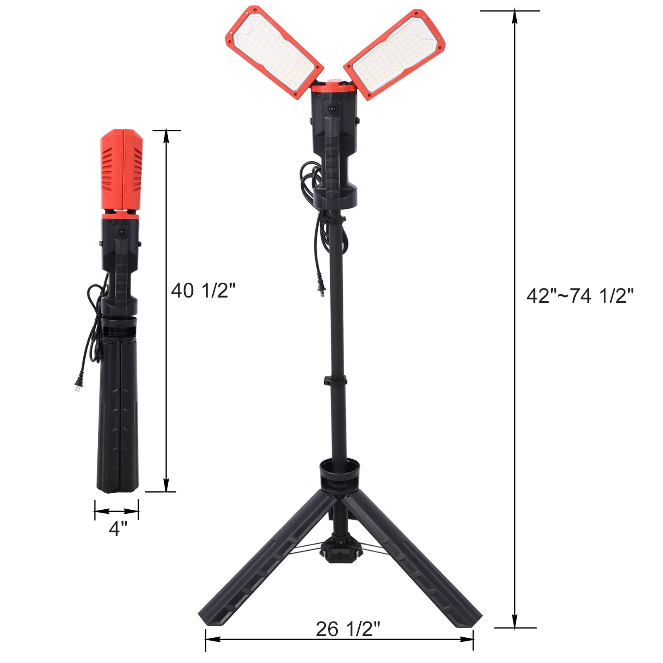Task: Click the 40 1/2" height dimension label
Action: tap(203, 290)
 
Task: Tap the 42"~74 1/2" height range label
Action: tap(580, 296)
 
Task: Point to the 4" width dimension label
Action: tap(118, 528)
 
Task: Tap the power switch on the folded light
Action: tap(121, 231)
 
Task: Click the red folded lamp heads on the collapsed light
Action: tap(122, 170)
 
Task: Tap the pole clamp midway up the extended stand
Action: tap(335, 380)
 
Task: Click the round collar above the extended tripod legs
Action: tap(339, 468)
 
